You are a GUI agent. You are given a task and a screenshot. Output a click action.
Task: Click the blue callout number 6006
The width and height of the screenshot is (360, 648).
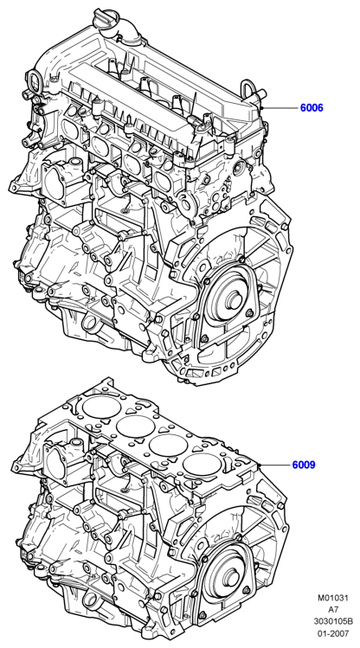[x=312, y=108]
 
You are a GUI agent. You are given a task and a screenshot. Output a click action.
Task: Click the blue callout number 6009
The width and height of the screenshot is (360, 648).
[x=304, y=465]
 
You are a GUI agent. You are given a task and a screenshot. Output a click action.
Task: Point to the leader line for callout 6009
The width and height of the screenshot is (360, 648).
[x=275, y=465]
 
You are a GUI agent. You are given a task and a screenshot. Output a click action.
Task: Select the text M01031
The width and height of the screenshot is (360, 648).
[x=333, y=598]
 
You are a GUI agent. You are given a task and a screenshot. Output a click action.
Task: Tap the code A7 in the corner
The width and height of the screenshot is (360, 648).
[x=333, y=610]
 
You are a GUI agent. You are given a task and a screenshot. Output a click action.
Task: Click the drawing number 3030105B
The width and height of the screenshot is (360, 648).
[x=333, y=621]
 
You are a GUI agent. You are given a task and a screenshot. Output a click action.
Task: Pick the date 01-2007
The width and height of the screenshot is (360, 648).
[x=333, y=633]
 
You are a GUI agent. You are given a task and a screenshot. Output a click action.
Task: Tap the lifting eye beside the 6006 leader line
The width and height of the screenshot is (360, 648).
[x=250, y=89]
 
